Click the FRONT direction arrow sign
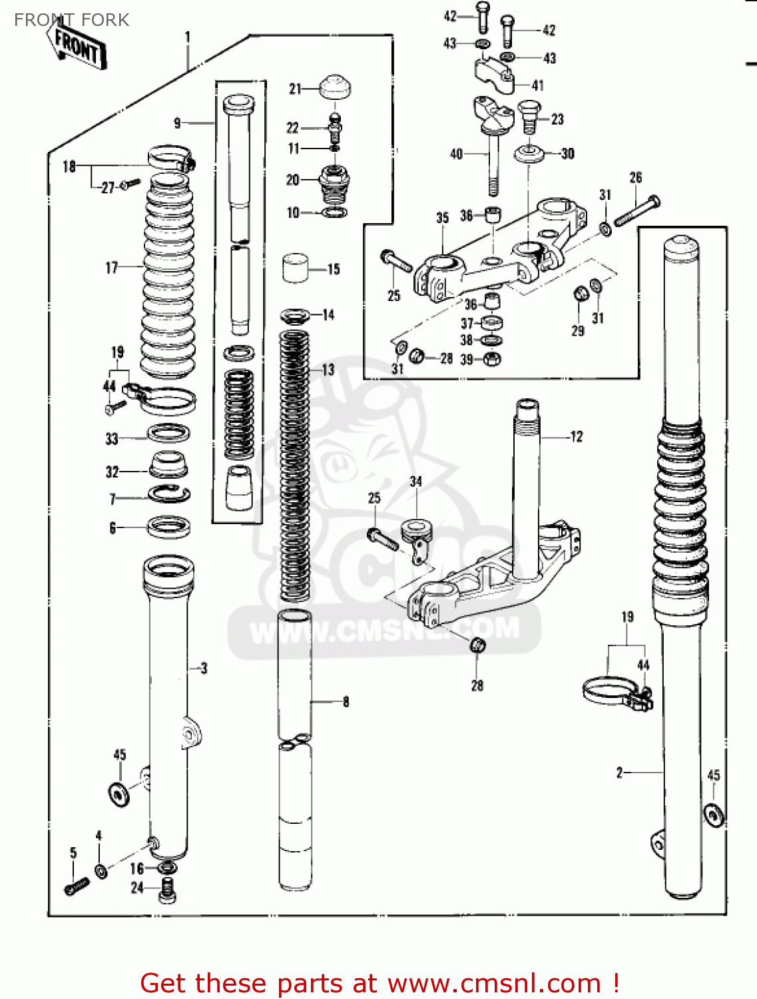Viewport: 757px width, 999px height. pyautogui.click(x=77, y=46)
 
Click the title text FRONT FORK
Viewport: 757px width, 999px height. pyautogui.click(x=71, y=20)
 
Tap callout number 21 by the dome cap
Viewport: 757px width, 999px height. pyautogui.click(x=295, y=89)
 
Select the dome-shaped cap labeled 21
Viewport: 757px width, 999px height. pyautogui.click(x=335, y=87)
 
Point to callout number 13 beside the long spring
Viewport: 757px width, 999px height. pyautogui.click(x=328, y=370)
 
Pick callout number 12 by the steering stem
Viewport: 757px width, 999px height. pyautogui.click(x=576, y=437)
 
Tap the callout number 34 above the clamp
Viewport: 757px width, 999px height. pyautogui.click(x=415, y=482)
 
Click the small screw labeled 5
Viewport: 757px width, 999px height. pyautogui.click(x=77, y=886)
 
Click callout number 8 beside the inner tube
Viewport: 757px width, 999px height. pyautogui.click(x=346, y=701)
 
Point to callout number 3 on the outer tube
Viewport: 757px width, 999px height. pyautogui.click(x=204, y=668)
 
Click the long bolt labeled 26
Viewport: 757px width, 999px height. pyautogui.click(x=636, y=210)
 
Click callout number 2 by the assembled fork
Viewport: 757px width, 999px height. pyautogui.click(x=619, y=773)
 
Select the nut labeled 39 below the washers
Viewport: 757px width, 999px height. pyautogui.click(x=491, y=360)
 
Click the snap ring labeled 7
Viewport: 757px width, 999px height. pyautogui.click(x=168, y=494)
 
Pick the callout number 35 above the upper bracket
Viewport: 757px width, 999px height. pyautogui.click(x=443, y=218)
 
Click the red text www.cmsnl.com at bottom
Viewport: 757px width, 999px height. pyautogui.click(x=494, y=983)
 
